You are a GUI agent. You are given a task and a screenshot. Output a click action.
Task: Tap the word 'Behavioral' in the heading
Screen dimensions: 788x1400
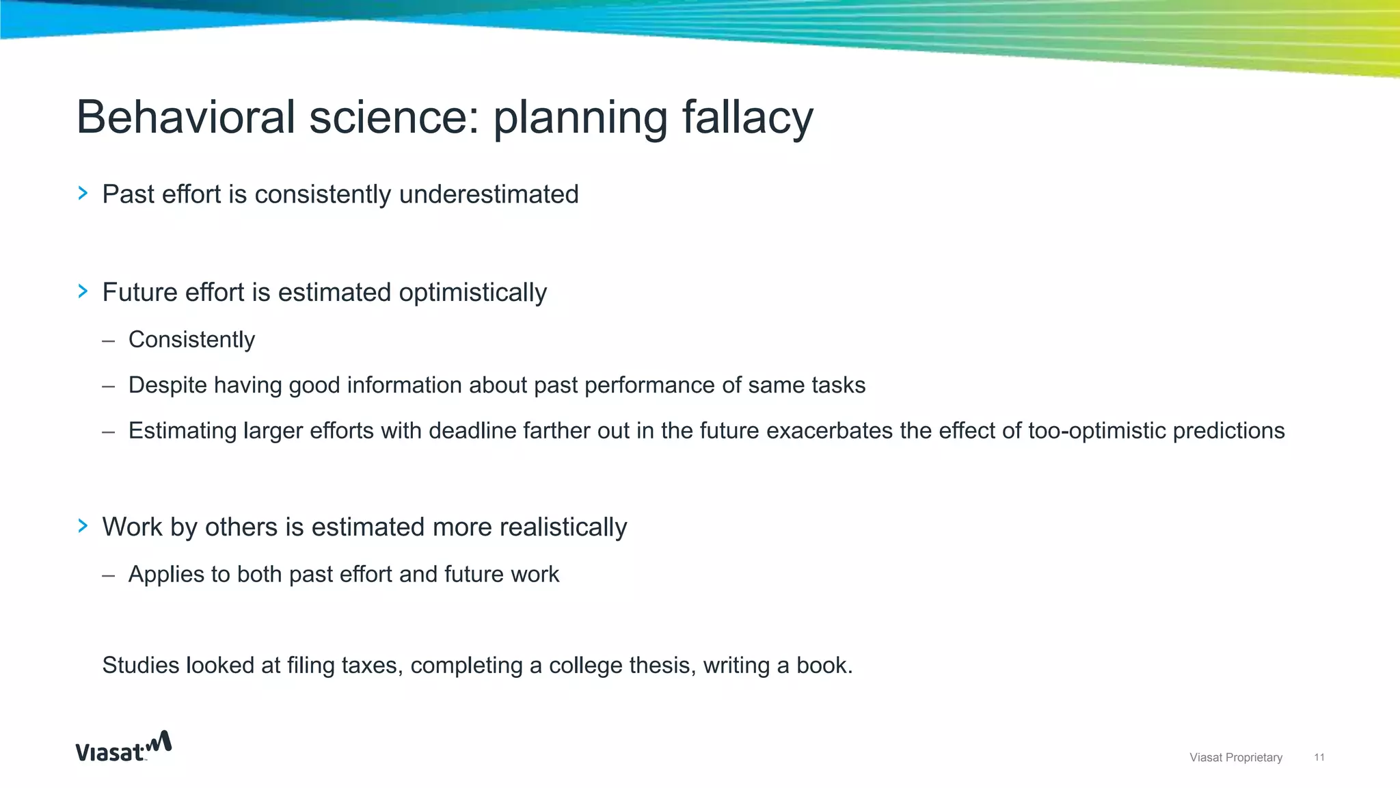pyautogui.click(x=185, y=118)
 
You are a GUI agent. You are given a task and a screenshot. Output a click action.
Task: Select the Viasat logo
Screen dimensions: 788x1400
pyautogui.click(x=123, y=747)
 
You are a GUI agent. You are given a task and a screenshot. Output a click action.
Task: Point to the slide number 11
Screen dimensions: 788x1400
pyautogui.click(x=1319, y=757)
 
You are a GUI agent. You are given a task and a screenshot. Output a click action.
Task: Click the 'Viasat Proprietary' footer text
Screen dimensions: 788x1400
pyautogui.click(x=1235, y=757)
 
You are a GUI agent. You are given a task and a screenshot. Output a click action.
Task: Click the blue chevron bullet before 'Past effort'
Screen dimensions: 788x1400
pyautogui.click(x=83, y=194)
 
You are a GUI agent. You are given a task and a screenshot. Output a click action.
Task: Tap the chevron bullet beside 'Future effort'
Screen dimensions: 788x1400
pyautogui.click(x=83, y=291)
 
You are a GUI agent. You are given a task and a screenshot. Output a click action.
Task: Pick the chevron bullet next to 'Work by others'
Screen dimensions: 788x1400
pyautogui.click(x=83, y=526)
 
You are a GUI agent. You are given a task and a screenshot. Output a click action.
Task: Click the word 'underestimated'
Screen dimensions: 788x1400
pyautogui.click(x=489, y=194)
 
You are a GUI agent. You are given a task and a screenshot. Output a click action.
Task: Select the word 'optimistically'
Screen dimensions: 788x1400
pyautogui.click(x=472, y=293)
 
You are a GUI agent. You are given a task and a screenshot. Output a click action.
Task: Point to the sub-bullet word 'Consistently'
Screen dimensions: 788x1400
pyautogui.click(x=191, y=339)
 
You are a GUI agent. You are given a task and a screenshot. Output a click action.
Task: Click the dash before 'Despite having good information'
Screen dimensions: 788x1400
pyautogui.click(x=108, y=386)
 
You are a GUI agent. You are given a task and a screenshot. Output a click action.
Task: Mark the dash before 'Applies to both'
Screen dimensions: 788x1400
pyautogui.click(x=108, y=575)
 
